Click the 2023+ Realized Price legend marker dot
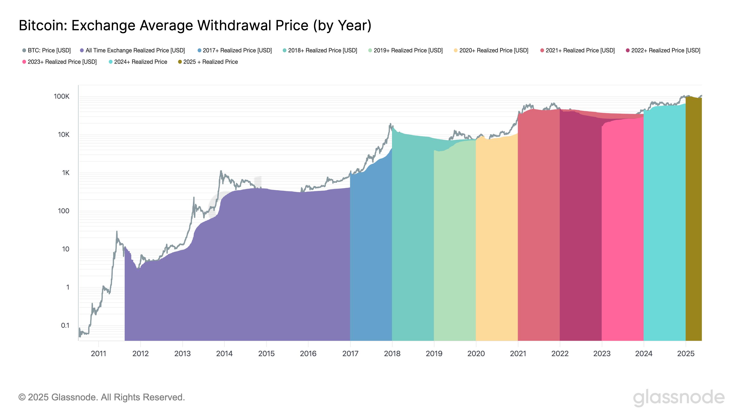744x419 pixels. (24, 62)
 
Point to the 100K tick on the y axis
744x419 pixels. (62, 96)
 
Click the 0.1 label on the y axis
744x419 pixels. (65, 325)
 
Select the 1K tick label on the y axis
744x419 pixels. (66, 173)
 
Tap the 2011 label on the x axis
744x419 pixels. (99, 353)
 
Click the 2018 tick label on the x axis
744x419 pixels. (392, 353)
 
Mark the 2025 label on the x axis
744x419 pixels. (685, 353)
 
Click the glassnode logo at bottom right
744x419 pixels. (678, 398)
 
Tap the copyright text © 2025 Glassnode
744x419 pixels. (101, 397)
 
